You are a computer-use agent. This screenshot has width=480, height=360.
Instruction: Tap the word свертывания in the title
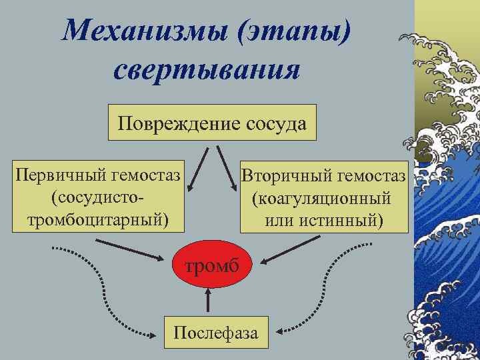(207, 69)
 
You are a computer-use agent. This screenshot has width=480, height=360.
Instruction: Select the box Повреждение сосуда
(211, 123)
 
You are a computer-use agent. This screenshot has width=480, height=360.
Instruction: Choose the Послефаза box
(215, 331)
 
